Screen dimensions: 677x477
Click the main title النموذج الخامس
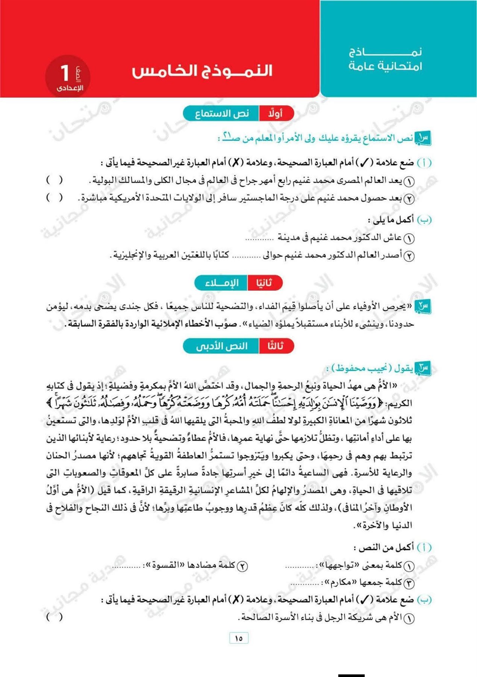coord(202,71)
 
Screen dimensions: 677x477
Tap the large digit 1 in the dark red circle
coord(65,73)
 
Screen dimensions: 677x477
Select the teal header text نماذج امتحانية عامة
coord(385,59)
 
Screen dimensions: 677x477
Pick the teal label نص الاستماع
coord(222,114)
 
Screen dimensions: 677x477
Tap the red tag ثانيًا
coord(264,283)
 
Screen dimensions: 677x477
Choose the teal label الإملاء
coord(222,283)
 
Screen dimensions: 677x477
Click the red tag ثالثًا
coord(276,346)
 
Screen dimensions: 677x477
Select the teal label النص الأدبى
coord(222,346)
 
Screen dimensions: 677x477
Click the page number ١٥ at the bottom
coord(239,638)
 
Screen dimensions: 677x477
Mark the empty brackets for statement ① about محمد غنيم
coord(54,180)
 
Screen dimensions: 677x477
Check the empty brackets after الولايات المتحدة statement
coord(54,197)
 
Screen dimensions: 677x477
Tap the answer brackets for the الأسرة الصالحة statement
coord(54,617)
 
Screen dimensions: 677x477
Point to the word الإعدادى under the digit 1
coord(70,88)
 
